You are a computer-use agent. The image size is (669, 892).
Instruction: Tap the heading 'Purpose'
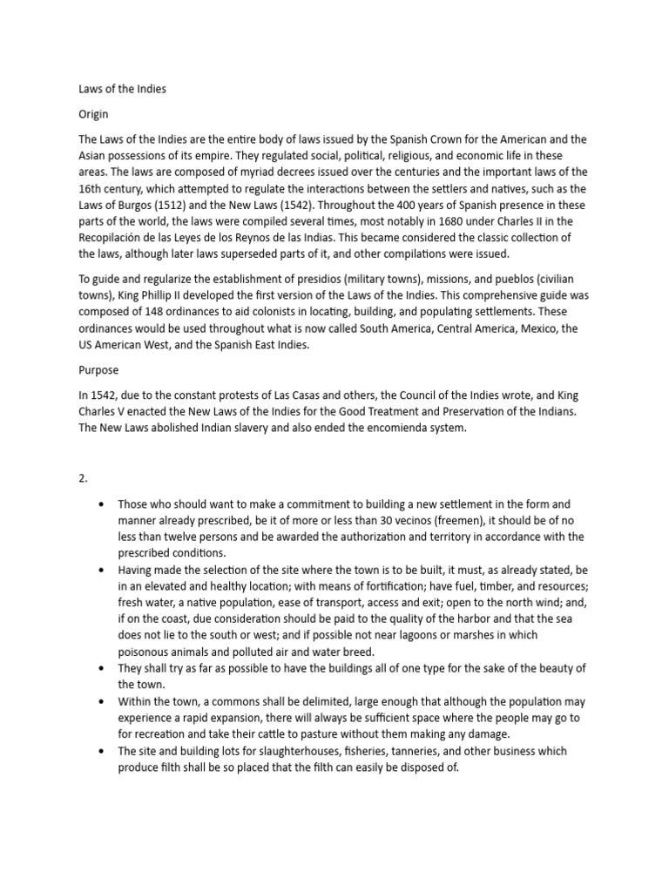pyautogui.click(x=99, y=369)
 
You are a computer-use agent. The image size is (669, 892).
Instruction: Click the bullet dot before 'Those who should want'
pyautogui.click(x=104, y=504)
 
